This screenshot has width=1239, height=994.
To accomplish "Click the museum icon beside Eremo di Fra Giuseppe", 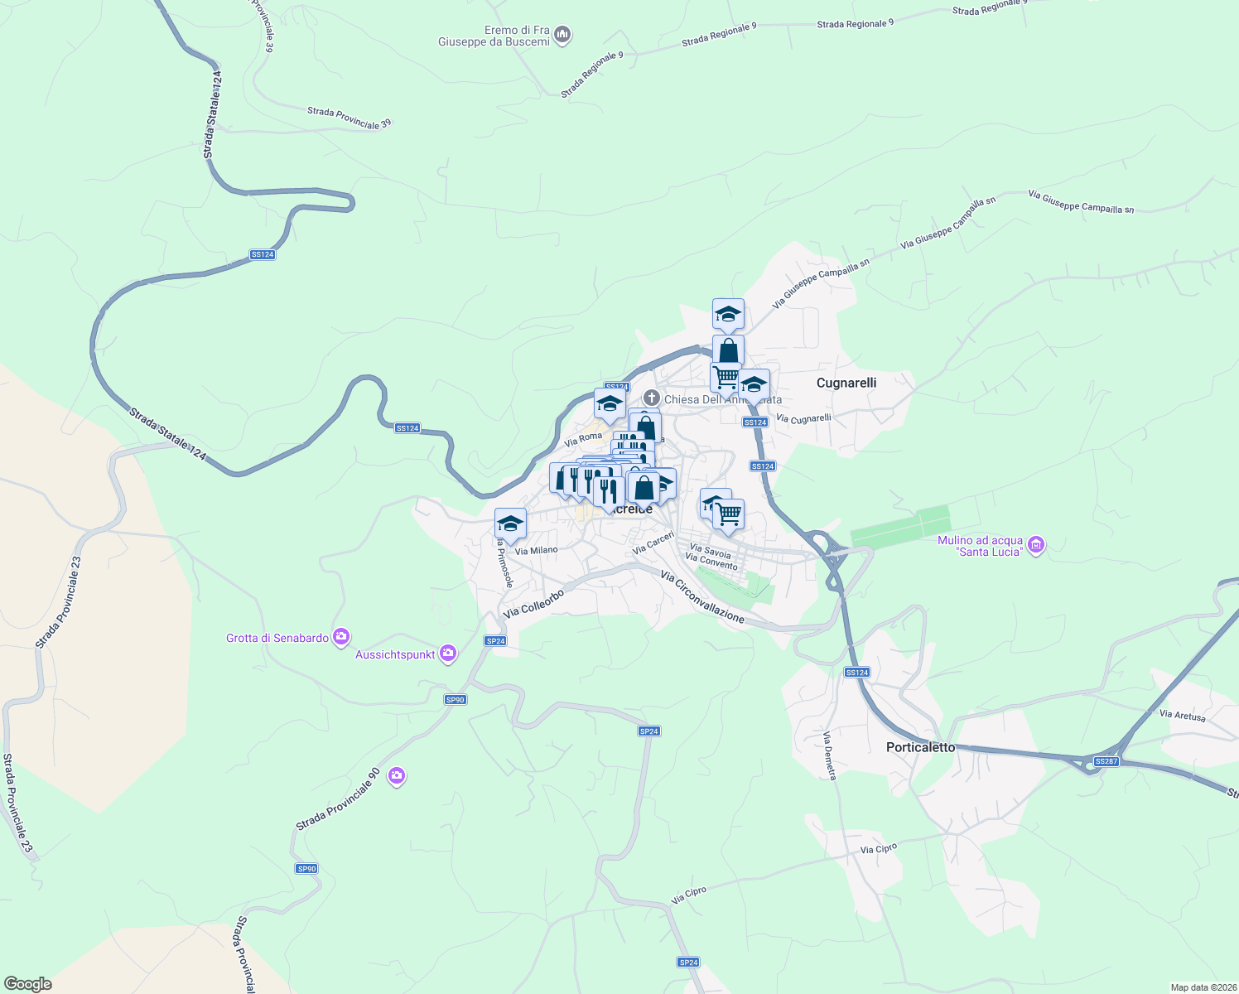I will pos(563,35).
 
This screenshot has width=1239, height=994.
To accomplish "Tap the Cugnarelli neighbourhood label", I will pos(846,383).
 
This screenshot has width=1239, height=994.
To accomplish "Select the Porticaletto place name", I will pos(920,747).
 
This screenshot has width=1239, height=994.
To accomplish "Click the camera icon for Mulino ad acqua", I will pos(1035,545).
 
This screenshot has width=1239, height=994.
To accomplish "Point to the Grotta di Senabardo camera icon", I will pos(340,637).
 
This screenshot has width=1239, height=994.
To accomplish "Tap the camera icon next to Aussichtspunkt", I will pos(448,654).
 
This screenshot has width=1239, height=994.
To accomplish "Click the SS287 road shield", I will pos(1106,761).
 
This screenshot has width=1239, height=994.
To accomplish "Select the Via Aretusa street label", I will pos(1182,715).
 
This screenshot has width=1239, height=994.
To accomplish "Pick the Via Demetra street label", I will pos(830,755).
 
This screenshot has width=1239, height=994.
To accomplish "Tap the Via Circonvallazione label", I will pos(702,596).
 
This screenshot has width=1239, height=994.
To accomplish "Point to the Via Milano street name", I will pos(536,550).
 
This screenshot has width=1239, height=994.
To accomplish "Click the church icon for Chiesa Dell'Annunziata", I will pos(652,398).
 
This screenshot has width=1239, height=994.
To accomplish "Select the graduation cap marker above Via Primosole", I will pos(510,524).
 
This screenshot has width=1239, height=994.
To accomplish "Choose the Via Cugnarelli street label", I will pos(803,419).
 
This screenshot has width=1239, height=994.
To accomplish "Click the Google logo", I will pos(27,984).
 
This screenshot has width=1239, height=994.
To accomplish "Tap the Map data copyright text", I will pos(1203,987).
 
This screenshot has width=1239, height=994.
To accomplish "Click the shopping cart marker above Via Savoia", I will pos(729,514).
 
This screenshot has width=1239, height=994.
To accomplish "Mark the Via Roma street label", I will pos(583,438).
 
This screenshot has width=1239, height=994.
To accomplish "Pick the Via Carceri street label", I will pos(653,543).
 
